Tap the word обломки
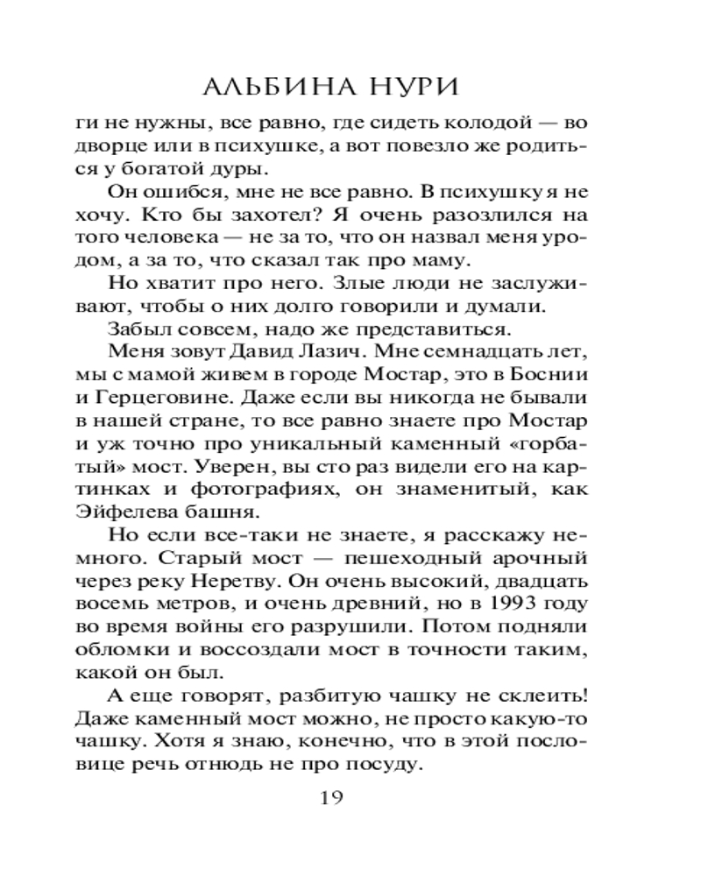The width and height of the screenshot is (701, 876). pos(124,649)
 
